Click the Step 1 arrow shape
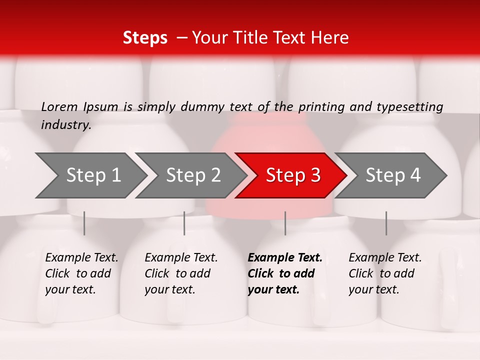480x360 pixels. (x=90, y=175)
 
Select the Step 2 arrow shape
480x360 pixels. (x=190, y=175)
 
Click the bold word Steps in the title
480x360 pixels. (x=145, y=38)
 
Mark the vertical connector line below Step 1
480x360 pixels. (x=84, y=223)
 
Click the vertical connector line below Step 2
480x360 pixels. (x=184, y=223)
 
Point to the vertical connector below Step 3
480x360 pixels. (x=285, y=223)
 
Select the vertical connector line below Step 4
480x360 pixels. (x=386, y=223)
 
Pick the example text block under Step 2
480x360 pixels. (x=180, y=273)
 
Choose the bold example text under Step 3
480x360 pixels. (x=284, y=273)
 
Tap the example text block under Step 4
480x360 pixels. (x=384, y=273)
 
